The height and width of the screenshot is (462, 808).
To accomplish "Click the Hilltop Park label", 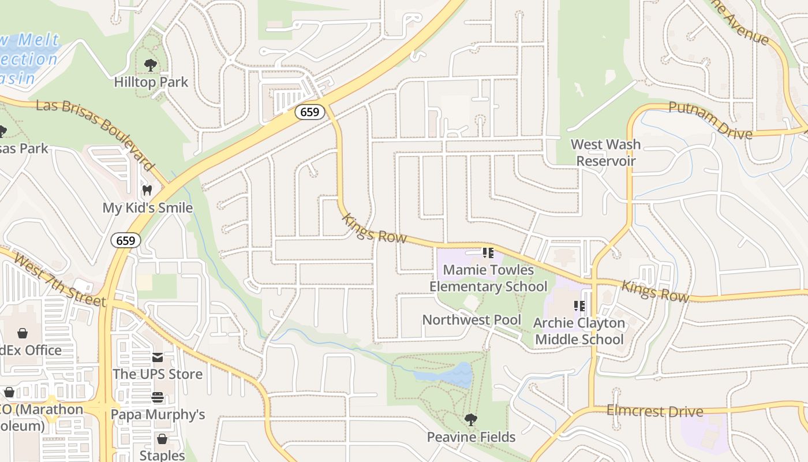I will (x=151, y=82).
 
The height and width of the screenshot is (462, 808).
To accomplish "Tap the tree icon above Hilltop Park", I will (x=151, y=65).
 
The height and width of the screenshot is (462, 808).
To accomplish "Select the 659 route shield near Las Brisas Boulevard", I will (x=310, y=112).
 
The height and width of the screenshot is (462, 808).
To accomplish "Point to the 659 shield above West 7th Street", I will (x=126, y=240).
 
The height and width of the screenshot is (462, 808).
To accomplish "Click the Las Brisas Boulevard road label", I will (x=95, y=134).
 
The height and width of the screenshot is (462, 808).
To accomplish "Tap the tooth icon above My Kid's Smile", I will (x=147, y=190).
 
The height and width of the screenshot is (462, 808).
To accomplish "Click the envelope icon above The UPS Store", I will (x=158, y=357).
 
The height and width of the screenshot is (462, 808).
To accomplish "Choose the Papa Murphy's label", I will (x=158, y=414).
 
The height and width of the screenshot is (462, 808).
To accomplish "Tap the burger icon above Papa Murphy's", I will (x=158, y=397).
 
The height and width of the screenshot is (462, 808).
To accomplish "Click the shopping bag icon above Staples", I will (x=162, y=439).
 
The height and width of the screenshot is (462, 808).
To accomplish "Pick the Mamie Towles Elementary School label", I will (x=488, y=278).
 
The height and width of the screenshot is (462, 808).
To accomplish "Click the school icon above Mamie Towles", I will (x=488, y=253).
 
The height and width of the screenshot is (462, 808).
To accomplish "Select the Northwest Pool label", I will (x=472, y=319).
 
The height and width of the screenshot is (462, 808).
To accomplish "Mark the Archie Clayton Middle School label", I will (x=579, y=331).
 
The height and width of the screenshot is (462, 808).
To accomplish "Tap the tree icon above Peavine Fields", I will (x=471, y=420).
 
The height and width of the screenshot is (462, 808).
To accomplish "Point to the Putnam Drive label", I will (x=710, y=121).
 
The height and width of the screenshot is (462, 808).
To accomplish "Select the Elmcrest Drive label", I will (x=654, y=412).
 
